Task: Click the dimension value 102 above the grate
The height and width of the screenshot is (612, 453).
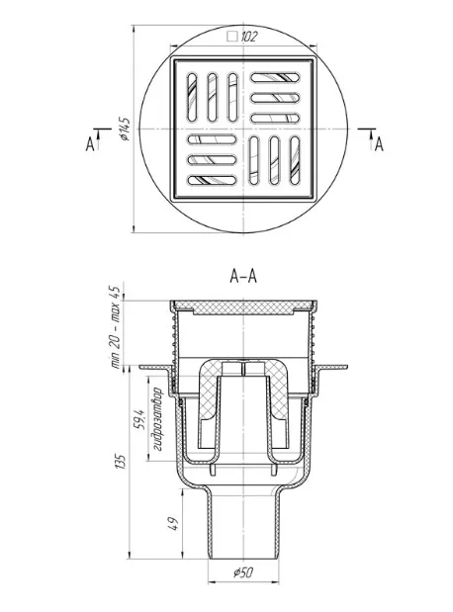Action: [x=249, y=37]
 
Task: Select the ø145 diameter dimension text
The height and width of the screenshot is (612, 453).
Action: [x=125, y=129]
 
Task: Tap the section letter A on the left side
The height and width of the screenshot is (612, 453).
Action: [x=90, y=145]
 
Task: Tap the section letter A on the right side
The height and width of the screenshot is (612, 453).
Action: [x=379, y=145]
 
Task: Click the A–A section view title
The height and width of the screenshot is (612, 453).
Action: [x=243, y=276]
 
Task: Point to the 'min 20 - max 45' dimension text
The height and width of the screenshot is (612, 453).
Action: [x=116, y=327]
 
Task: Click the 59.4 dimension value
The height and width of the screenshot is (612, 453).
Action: [x=139, y=419]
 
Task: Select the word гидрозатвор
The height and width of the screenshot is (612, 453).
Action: [x=156, y=419]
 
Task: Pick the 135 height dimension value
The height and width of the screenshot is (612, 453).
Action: [x=122, y=462]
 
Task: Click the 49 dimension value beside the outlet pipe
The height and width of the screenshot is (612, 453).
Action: [x=174, y=523]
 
